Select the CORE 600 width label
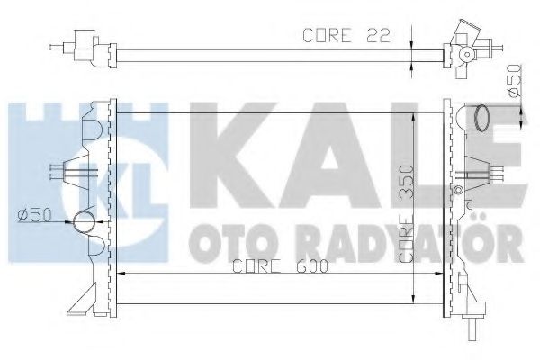pyautogui.click(x=266, y=267)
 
